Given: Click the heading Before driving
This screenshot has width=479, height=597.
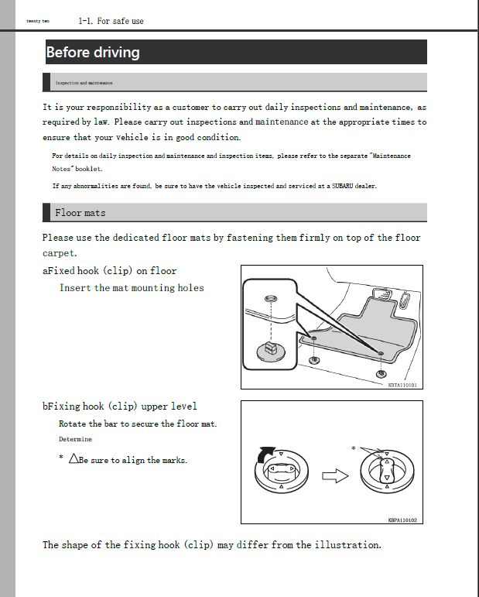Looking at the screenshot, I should coord(93,53).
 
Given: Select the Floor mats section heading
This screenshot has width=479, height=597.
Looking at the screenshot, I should coord(80,212).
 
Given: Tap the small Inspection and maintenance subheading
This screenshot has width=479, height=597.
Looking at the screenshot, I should coord(84,82).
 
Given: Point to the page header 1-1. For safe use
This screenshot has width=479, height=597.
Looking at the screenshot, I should coord(111,21).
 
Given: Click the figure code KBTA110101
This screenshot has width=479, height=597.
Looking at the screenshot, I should coord(402,384).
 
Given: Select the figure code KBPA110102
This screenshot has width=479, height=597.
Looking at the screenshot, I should coord(402,520).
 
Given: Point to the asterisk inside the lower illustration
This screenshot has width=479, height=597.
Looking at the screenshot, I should coord(354,448).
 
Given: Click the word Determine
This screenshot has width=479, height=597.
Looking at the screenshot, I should coord(75,439).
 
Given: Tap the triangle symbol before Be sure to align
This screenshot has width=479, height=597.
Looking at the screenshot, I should coord(74,459).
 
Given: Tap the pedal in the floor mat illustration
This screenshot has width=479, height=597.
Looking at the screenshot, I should coord(381,295).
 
